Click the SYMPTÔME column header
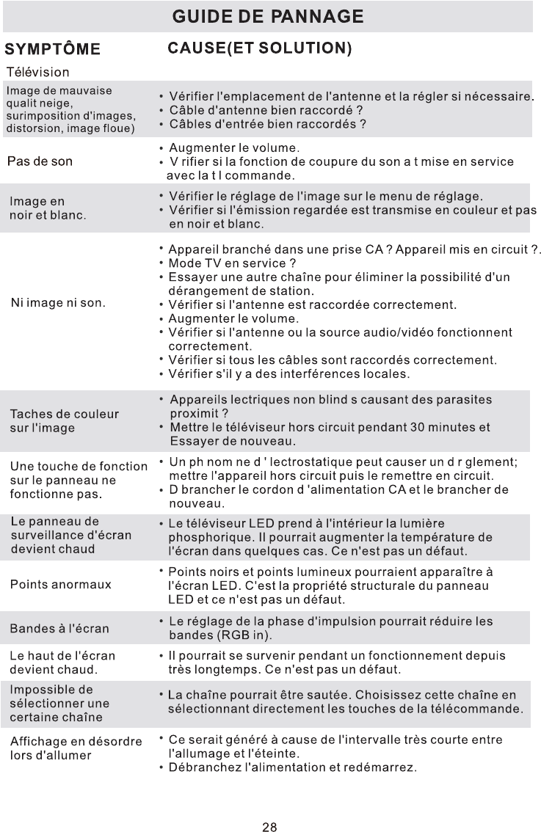(53, 50)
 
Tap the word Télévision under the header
(38, 73)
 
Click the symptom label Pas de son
(40, 161)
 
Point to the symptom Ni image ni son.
(58, 302)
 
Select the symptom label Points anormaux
(60, 585)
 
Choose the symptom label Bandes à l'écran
(59, 629)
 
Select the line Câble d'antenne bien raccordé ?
(262, 109)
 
